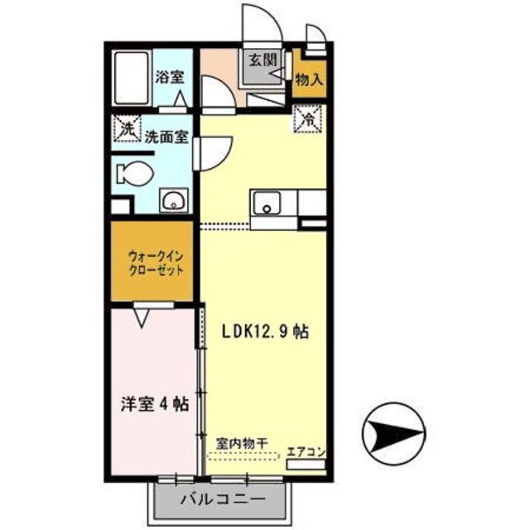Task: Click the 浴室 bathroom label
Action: (x=170, y=77)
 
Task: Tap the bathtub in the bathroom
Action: (x=131, y=79)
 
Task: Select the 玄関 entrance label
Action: (x=263, y=60)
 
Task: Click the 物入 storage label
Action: (x=309, y=79)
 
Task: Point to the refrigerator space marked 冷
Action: (x=307, y=118)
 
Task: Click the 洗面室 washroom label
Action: (x=166, y=137)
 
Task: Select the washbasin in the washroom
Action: (x=174, y=200)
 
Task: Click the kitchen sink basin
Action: (x=267, y=203)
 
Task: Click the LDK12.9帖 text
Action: (x=265, y=331)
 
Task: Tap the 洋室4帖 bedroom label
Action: (x=155, y=404)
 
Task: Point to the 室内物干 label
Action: (x=243, y=444)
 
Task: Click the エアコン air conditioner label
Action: (x=306, y=452)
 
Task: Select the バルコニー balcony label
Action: (x=223, y=499)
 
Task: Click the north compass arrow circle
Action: (x=393, y=434)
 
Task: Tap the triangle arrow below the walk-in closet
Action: (x=142, y=318)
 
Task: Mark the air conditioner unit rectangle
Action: (x=306, y=465)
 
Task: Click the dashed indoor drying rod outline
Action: (x=243, y=456)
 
